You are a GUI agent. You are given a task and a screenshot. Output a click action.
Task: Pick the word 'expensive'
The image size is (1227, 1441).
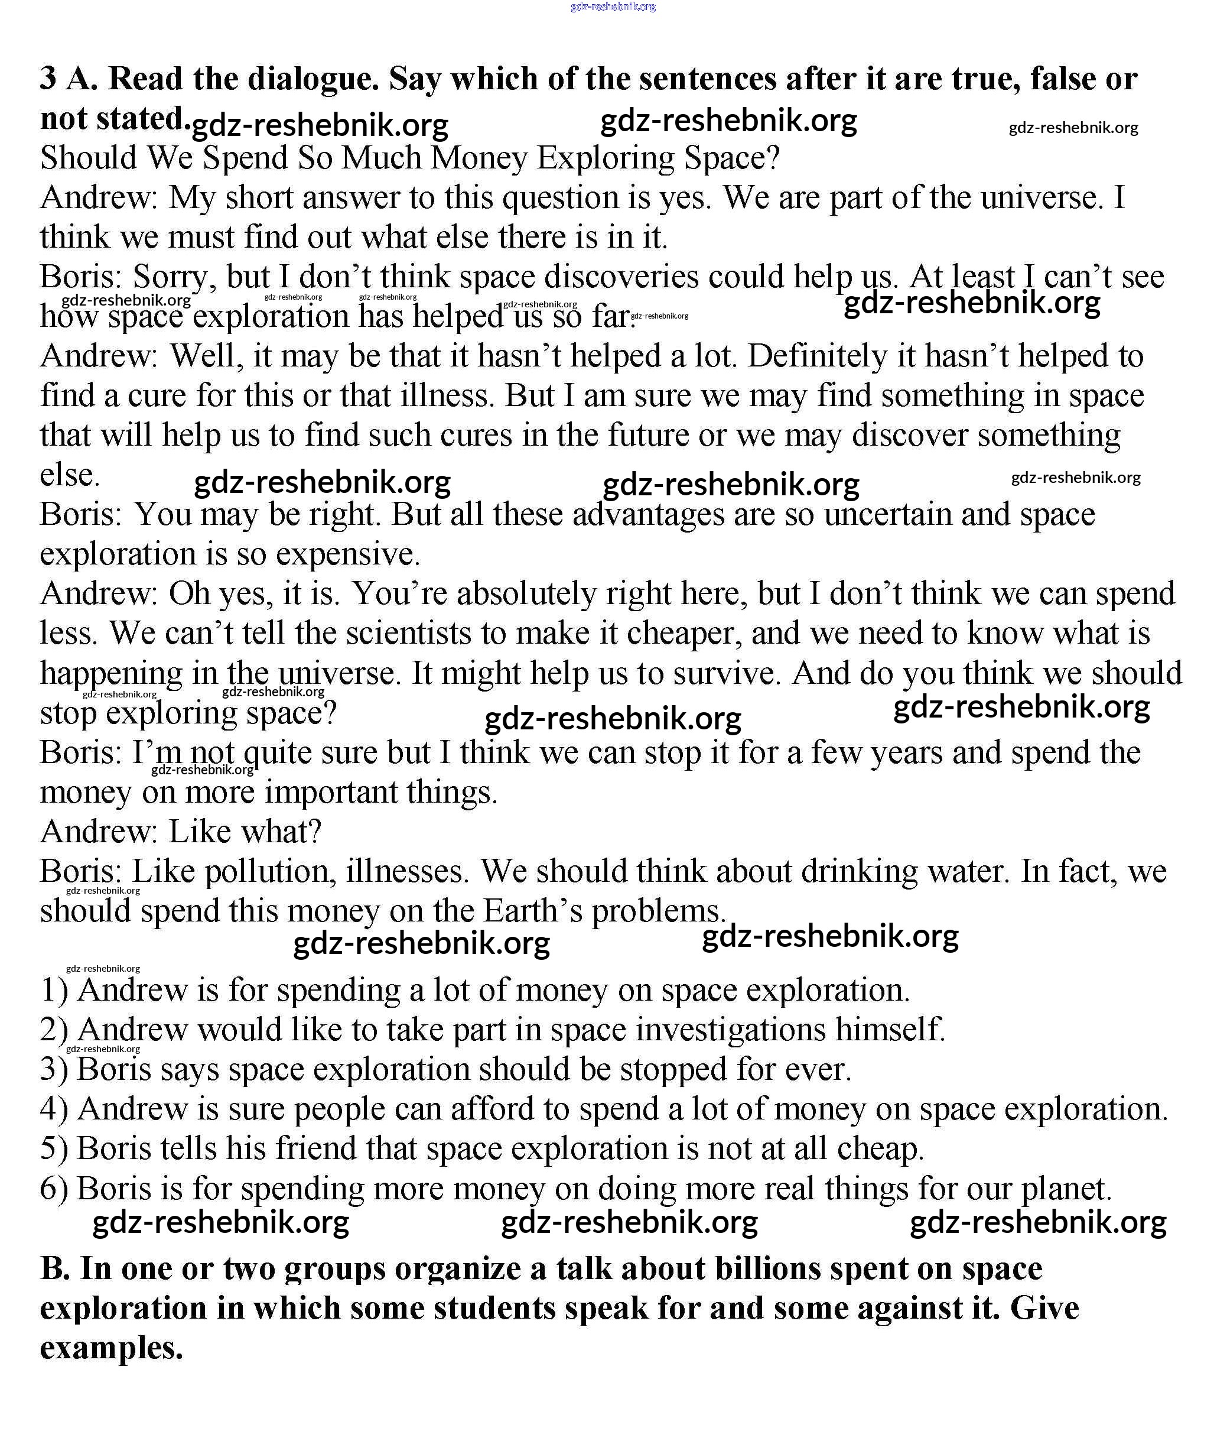coord(347,554)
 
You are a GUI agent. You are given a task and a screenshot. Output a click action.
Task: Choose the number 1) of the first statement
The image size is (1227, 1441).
coord(54,991)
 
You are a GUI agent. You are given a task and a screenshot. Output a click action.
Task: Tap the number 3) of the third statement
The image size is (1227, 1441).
coord(54,1070)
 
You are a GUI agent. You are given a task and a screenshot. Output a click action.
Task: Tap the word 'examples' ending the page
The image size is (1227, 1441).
coord(110,1348)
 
